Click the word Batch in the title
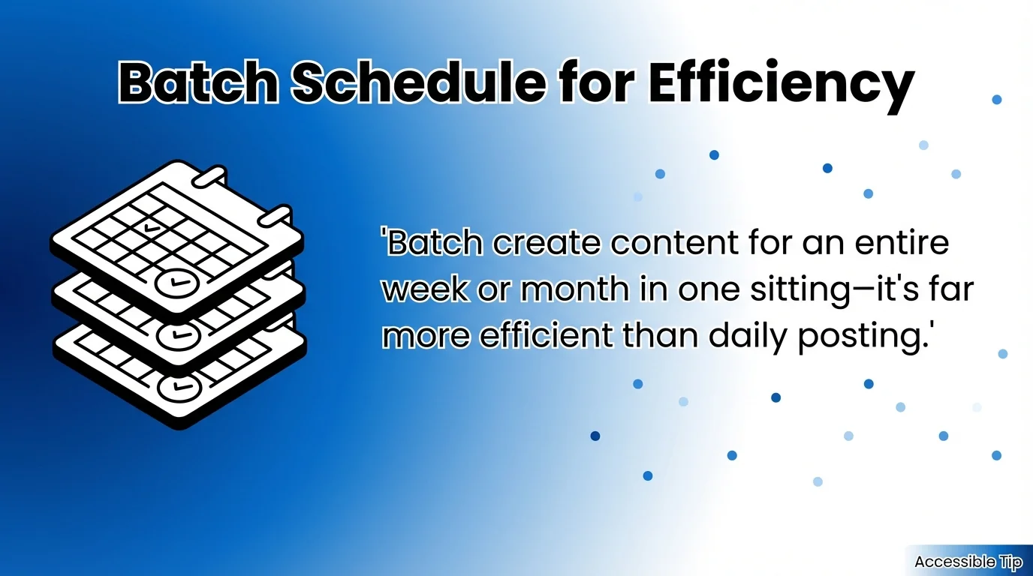[197, 84]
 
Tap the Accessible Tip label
[968, 562]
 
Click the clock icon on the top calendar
[177, 283]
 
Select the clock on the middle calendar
[177, 334]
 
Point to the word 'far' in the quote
[951, 290]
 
